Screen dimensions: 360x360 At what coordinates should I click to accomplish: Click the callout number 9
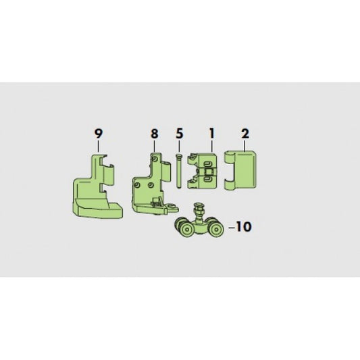pyautogui.click(x=99, y=134)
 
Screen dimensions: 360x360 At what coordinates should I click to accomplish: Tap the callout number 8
pyautogui.click(x=155, y=134)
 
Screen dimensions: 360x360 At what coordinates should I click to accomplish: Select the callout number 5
pyautogui.click(x=180, y=134)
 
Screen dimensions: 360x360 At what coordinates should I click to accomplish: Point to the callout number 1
pyautogui.click(x=211, y=133)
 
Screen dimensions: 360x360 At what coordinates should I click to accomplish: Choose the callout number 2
pyautogui.click(x=245, y=134)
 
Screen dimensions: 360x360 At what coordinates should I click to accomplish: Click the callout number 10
pyautogui.click(x=244, y=227)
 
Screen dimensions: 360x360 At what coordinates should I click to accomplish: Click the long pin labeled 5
pyautogui.click(x=178, y=171)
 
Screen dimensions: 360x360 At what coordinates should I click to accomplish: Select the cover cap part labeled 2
pyautogui.click(x=240, y=170)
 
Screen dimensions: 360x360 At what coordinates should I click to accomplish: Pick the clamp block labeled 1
pyautogui.click(x=202, y=171)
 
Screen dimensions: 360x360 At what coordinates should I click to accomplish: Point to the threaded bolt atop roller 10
pyautogui.click(x=198, y=209)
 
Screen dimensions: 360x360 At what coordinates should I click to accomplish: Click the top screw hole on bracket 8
pyautogui.click(x=155, y=159)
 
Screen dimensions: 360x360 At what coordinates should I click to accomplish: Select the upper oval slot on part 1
pyautogui.click(x=207, y=163)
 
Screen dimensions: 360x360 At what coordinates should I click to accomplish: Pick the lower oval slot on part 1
pyautogui.click(x=207, y=178)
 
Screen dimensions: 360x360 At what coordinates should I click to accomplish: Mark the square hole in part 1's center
pyautogui.click(x=209, y=171)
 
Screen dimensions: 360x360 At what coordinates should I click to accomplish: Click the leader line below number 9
pyautogui.click(x=99, y=146)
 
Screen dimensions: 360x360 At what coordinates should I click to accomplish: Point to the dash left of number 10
pyautogui.click(x=232, y=228)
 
